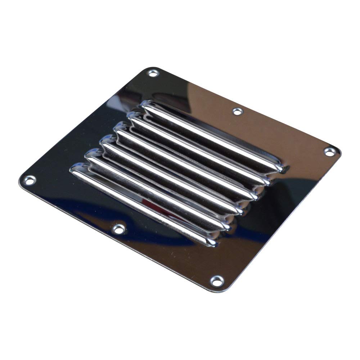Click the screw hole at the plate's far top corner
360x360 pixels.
[x=153, y=73]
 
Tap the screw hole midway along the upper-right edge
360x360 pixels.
[x=237, y=112]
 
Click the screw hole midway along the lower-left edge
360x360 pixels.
[x=118, y=229]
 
